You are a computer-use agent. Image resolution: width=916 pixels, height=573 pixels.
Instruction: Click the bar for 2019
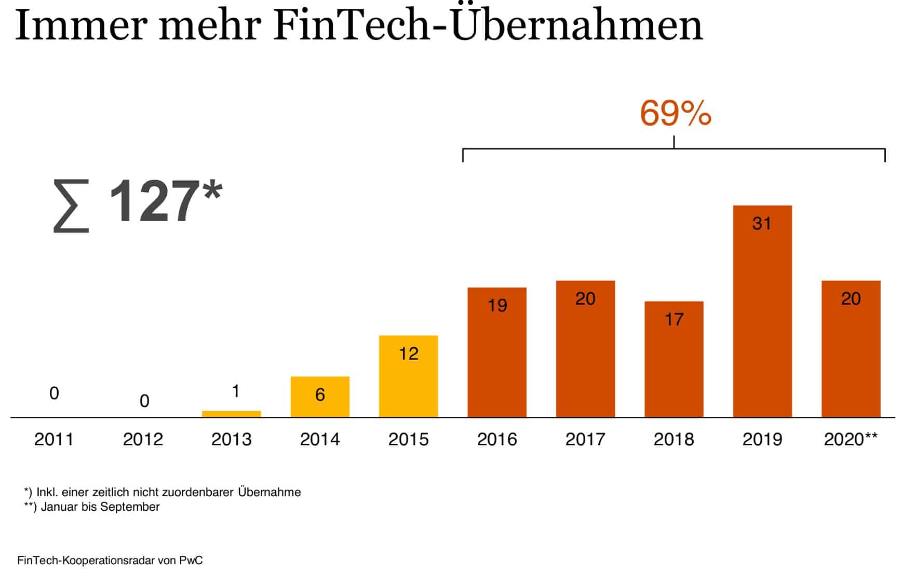click(x=762, y=311)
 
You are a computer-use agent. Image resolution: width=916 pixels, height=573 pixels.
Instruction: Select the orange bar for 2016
click(x=497, y=352)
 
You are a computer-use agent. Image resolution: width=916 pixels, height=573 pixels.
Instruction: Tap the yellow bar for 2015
click(x=408, y=376)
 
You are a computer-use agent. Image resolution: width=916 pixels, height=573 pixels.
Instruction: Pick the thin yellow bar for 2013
click(x=231, y=414)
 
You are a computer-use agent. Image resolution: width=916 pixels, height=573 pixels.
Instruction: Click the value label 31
click(x=762, y=224)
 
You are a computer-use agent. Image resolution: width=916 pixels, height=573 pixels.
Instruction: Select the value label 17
click(x=674, y=319)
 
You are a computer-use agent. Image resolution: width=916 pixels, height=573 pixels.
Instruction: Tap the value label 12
click(x=408, y=354)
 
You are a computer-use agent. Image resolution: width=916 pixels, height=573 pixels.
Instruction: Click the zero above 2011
click(x=54, y=393)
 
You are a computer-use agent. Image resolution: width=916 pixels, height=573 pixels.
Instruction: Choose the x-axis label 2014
click(x=320, y=440)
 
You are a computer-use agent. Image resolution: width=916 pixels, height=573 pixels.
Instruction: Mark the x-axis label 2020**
click(x=851, y=440)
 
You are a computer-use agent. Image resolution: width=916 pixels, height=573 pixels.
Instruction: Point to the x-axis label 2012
click(x=143, y=440)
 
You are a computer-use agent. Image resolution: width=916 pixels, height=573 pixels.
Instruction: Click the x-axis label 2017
click(x=585, y=440)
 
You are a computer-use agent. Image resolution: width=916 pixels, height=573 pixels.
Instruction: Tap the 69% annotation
click(x=675, y=114)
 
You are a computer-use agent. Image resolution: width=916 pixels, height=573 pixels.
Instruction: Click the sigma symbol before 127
click(x=71, y=206)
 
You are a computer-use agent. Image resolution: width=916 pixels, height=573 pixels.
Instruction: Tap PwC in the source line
click(x=191, y=561)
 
